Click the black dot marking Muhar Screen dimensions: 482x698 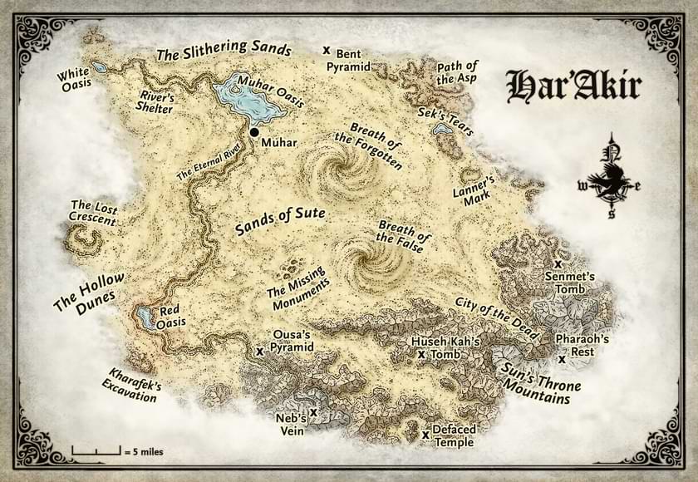coord(253,132)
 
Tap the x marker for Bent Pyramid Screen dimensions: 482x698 coord(327,51)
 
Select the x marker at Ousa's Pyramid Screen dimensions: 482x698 coord(260,352)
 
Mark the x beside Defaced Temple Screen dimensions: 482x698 coord(425,434)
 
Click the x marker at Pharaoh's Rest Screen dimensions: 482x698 coord(563,360)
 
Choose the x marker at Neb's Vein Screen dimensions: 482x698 coord(313,411)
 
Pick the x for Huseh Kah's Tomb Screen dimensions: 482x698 coord(421,354)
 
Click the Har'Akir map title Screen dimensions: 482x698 coord(573,86)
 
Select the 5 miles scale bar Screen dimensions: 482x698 coord(96,451)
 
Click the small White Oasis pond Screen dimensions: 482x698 coord(99,66)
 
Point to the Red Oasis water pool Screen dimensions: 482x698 coord(145,317)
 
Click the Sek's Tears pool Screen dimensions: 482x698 coord(442,129)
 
